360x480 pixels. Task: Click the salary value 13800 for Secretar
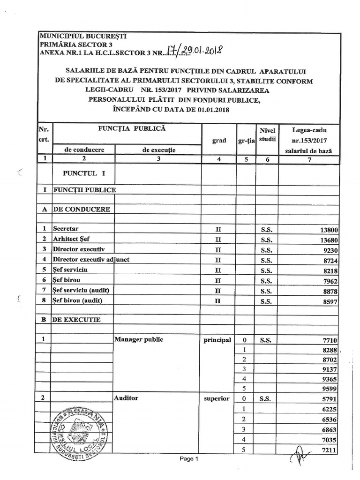point(329,230)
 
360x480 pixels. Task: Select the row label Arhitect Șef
point(71,239)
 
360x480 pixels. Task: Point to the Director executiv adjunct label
point(91,259)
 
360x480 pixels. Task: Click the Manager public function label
point(139,339)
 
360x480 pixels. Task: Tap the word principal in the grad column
point(217,340)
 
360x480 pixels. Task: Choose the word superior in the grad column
point(217,398)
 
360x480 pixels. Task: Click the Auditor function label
point(126,398)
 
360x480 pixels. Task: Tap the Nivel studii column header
point(267,135)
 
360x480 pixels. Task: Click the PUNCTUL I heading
point(84,173)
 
